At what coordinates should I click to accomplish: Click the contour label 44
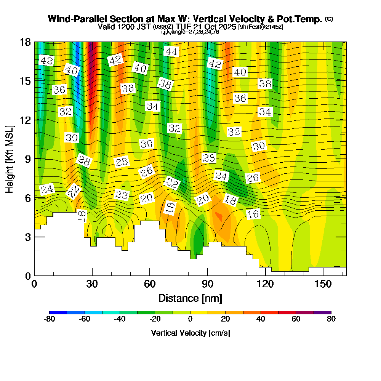[x=171, y=51]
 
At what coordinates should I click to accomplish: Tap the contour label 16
[x=253, y=214]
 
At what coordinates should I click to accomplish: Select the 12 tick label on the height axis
[x=26, y=120]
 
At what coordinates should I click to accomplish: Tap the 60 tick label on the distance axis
[x=150, y=284]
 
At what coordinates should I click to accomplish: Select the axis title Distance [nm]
[x=190, y=298]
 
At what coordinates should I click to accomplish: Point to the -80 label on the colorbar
[x=50, y=319]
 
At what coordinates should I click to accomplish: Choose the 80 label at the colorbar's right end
[x=331, y=319]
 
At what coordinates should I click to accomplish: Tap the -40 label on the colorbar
[x=120, y=319]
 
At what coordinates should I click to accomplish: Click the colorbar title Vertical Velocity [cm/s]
[x=190, y=333]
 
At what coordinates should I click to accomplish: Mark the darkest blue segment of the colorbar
[x=58, y=312]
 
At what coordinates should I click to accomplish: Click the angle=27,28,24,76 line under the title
[x=190, y=32]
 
